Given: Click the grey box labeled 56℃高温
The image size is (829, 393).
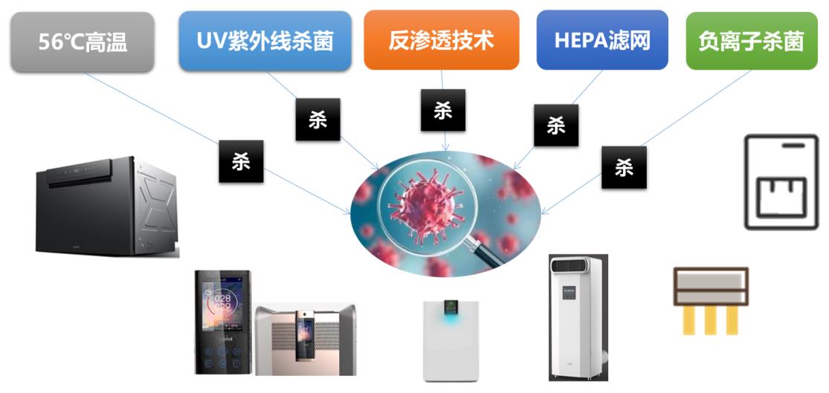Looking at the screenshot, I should (x=83, y=42).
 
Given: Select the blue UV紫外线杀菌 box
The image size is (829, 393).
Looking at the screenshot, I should (x=265, y=41).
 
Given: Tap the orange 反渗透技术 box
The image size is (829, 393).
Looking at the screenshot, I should (x=441, y=40).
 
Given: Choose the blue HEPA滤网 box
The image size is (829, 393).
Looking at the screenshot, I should (x=602, y=40).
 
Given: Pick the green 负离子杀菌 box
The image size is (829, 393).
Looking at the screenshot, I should (x=751, y=42).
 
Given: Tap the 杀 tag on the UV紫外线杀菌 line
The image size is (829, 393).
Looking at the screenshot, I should (x=317, y=120).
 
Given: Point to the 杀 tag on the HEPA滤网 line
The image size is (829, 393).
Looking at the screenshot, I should (x=556, y=125).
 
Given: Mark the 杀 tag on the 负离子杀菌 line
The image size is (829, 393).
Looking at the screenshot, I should (x=623, y=167).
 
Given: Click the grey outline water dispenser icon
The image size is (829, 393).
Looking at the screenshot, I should (x=781, y=182).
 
